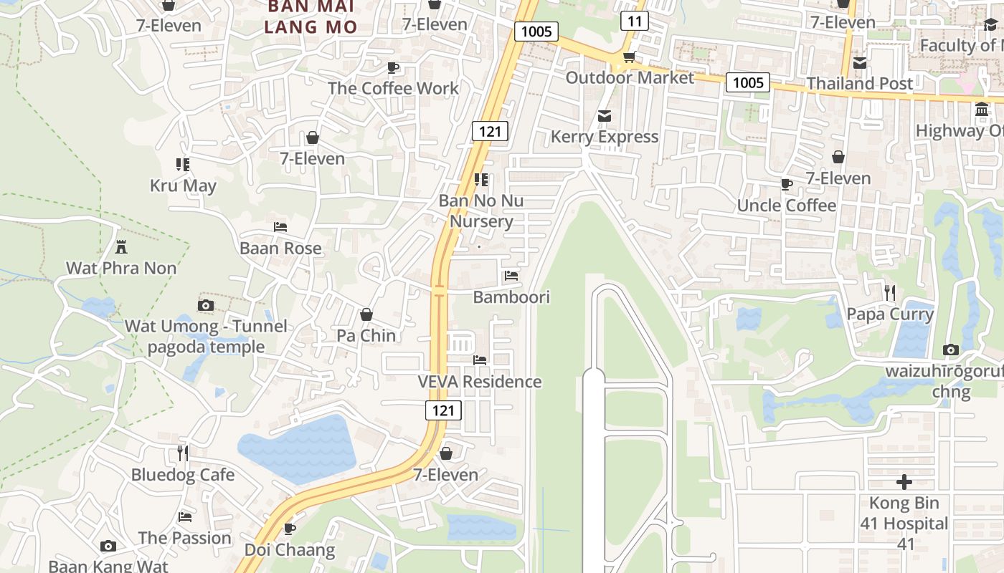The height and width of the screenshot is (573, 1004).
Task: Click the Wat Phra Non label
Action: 121,268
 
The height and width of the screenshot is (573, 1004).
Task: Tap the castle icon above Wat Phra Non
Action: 121,247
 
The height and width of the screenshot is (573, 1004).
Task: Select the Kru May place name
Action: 183,186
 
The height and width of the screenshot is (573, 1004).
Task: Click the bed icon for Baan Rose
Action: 280,227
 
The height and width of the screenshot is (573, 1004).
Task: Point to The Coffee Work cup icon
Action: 393,67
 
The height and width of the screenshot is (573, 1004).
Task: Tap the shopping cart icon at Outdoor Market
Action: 629,57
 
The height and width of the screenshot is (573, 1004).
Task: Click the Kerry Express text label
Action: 605,136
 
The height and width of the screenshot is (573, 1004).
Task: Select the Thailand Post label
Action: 860,83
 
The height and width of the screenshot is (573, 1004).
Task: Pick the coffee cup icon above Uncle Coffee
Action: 787,184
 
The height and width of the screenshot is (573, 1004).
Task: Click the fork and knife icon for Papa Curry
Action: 890,292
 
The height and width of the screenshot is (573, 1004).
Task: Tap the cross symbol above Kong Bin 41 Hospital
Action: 904,481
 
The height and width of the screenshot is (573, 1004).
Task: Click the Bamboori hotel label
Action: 511,297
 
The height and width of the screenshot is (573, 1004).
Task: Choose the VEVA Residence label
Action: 480,381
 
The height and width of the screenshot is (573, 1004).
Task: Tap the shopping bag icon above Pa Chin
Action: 366,314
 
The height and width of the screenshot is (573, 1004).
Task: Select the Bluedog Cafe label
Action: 183,474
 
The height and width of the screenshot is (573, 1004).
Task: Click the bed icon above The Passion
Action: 185,516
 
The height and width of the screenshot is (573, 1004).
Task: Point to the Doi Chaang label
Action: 290,549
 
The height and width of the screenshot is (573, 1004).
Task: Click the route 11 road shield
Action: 634,21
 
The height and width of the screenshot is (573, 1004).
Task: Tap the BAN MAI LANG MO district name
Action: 311,16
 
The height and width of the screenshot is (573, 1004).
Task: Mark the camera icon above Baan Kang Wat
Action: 108,546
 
